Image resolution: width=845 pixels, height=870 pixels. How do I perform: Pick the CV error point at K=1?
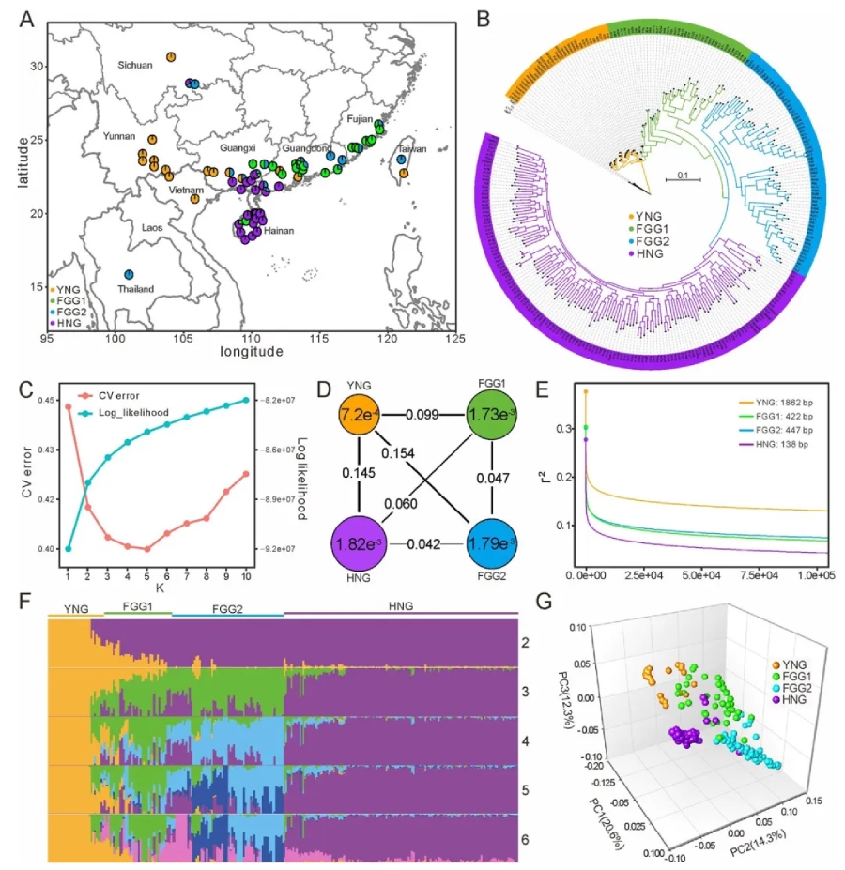[x=69, y=406]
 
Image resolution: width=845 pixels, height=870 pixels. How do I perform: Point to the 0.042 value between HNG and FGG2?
[x=428, y=543]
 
